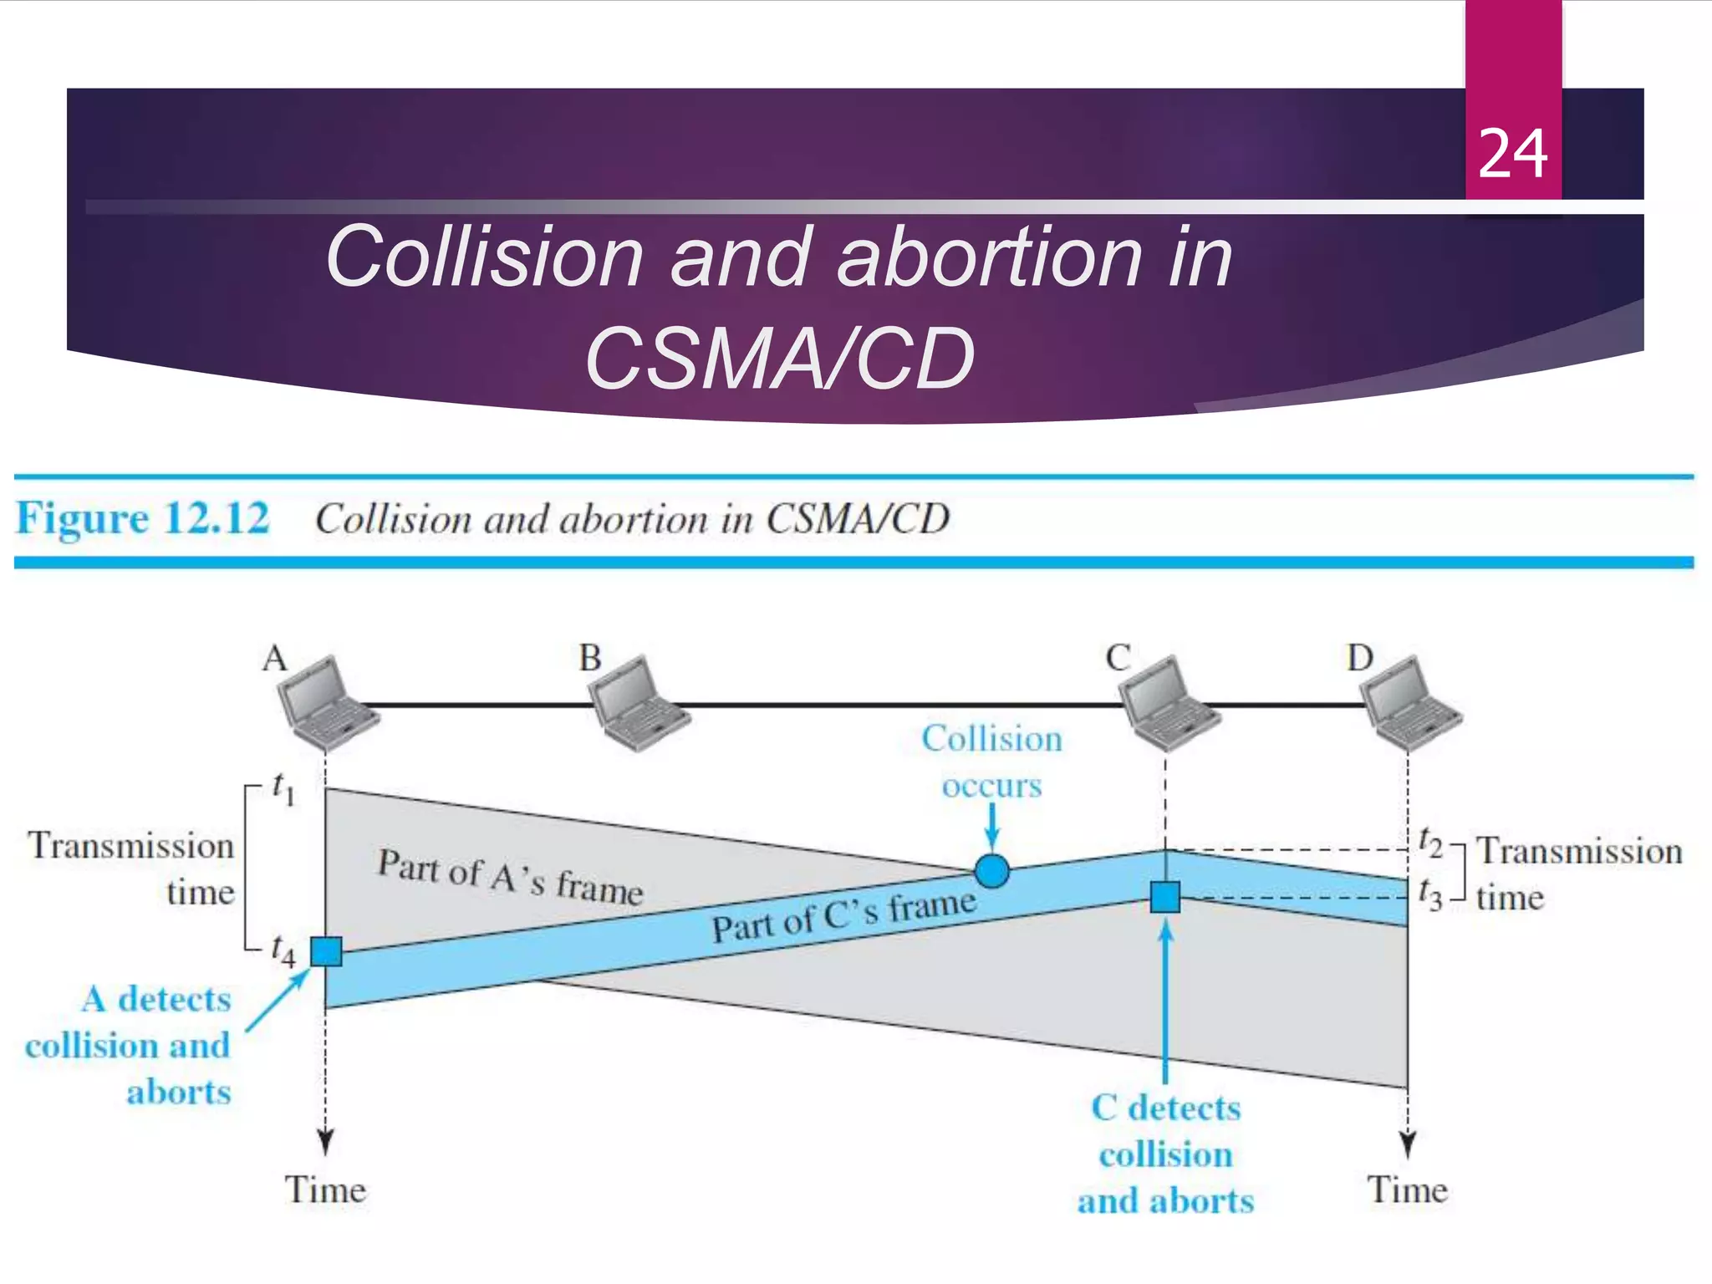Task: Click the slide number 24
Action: point(1513,155)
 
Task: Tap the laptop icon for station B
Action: point(637,702)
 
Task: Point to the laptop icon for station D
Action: point(1409,702)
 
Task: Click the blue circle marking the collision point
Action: point(992,871)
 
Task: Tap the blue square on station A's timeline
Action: point(326,951)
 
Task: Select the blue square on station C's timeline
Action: point(1165,897)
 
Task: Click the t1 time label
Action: point(283,788)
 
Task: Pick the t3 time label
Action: point(1430,894)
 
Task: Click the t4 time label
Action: point(283,950)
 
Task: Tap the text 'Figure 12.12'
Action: point(143,518)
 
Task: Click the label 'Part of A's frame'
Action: point(510,877)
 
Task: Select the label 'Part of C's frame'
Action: point(843,916)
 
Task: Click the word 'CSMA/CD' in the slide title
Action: point(779,359)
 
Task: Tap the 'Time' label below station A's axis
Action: point(325,1190)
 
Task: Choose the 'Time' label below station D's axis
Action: point(1408,1190)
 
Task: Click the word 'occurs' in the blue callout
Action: point(992,786)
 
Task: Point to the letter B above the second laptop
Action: point(590,659)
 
